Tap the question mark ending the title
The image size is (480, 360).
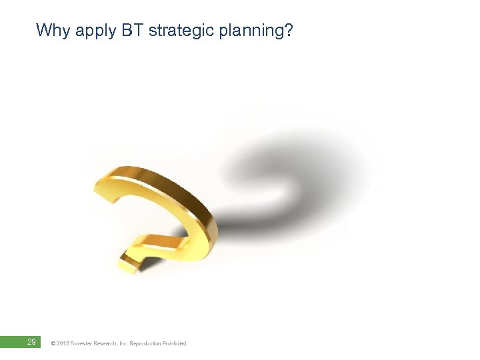point(288,30)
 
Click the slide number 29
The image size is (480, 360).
point(31,342)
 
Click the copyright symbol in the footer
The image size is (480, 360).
point(53,343)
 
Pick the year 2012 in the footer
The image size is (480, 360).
point(63,343)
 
